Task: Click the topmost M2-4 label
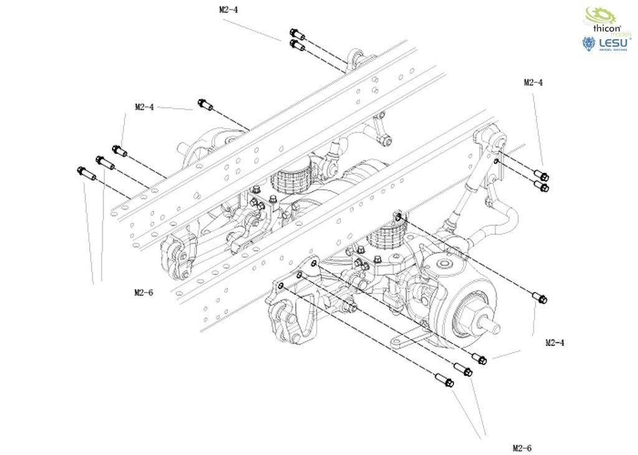pos(229,10)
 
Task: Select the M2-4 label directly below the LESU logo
pos(533,82)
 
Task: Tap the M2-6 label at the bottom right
pos(522,448)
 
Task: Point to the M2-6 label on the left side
pos(143,292)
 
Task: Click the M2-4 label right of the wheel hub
pos(555,342)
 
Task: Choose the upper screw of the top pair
pos(297,34)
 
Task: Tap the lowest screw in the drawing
pos(444,380)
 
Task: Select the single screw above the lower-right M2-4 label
pos(540,298)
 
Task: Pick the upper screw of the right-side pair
pos(541,176)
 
